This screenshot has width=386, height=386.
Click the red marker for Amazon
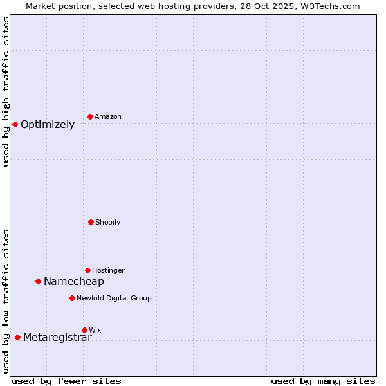(90, 116)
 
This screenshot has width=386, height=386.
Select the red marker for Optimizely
(15, 124)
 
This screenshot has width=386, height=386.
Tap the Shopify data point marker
(91, 222)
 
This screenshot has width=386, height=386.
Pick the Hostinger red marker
(87, 270)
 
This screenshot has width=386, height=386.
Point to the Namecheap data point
(38, 281)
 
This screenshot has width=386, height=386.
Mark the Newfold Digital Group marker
(72, 298)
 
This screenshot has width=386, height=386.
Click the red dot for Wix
(84, 330)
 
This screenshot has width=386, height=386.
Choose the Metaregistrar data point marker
(17, 337)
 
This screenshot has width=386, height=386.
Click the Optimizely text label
(48, 125)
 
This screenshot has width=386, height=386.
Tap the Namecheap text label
(74, 282)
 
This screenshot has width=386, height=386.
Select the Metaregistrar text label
(57, 338)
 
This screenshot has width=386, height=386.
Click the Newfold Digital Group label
(114, 299)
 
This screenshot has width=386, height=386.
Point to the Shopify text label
(107, 223)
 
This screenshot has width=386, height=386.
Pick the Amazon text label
(107, 117)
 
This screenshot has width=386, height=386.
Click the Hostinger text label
(108, 271)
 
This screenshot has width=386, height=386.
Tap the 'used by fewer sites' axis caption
(66, 381)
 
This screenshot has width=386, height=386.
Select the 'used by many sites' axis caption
(323, 381)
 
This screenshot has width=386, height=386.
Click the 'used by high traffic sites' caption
(6, 91)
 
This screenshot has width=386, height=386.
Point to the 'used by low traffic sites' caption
(6, 301)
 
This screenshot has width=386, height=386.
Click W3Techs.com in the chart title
(328, 6)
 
